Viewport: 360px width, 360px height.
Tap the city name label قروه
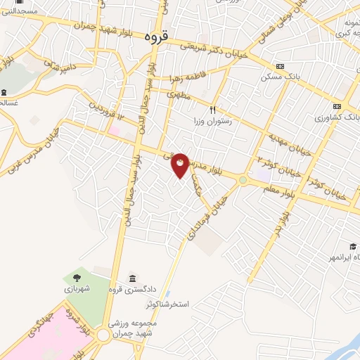[x=155, y=34]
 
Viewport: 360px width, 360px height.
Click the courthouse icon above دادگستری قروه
[x=133, y=278]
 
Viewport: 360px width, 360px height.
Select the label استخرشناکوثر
[x=169, y=304]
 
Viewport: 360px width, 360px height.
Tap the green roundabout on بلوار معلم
[x=243, y=180]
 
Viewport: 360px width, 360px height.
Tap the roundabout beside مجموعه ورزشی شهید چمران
[x=104, y=335]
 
